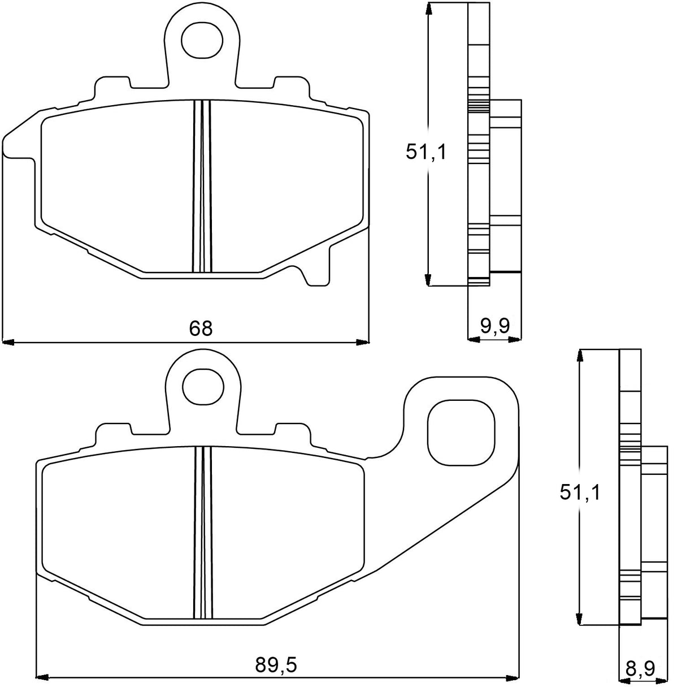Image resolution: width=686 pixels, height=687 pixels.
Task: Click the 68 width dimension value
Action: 201,328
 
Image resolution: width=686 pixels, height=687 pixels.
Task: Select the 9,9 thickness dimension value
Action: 495,326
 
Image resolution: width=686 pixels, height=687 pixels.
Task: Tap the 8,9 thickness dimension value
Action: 640,669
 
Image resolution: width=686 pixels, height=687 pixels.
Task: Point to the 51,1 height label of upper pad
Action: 426,152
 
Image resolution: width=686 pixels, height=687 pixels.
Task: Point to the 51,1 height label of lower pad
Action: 579,492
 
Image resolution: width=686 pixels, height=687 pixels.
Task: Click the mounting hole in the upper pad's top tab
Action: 202,39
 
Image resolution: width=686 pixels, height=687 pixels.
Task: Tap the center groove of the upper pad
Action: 202,187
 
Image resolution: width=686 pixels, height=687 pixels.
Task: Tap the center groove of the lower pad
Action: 202,532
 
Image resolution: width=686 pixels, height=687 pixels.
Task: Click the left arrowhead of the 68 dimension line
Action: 8,342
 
